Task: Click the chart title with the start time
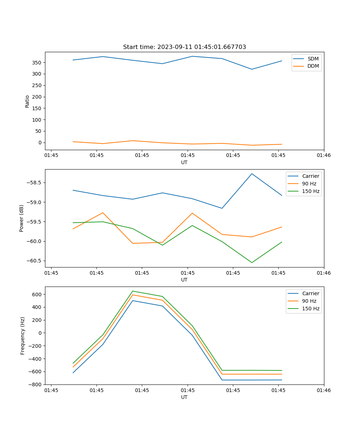(x=184, y=47)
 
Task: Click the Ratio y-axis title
(x=27, y=101)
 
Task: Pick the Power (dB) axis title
(x=22, y=218)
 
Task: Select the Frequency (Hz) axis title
(x=22, y=336)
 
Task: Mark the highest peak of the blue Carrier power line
(x=252, y=174)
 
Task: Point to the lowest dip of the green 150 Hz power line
(x=252, y=262)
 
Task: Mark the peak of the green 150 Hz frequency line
(x=133, y=291)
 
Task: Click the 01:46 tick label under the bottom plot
(x=324, y=390)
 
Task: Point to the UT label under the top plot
(x=184, y=162)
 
